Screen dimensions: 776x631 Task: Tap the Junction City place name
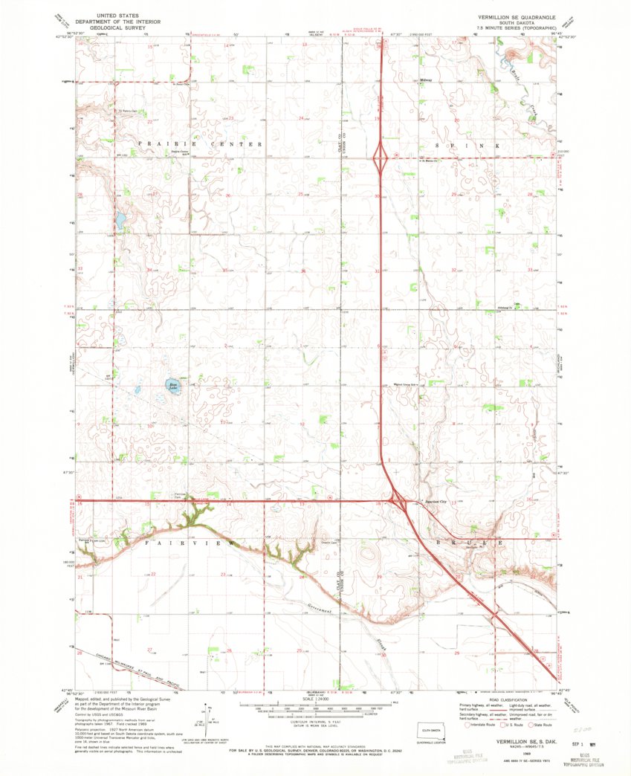pyautogui.click(x=436, y=499)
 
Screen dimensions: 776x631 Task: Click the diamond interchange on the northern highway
pyautogui.click(x=381, y=157)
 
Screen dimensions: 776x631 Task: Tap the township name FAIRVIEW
pyautogui.click(x=190, y=544)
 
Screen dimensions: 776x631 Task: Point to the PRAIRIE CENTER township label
pyautogui.click(x=199, y=143)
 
